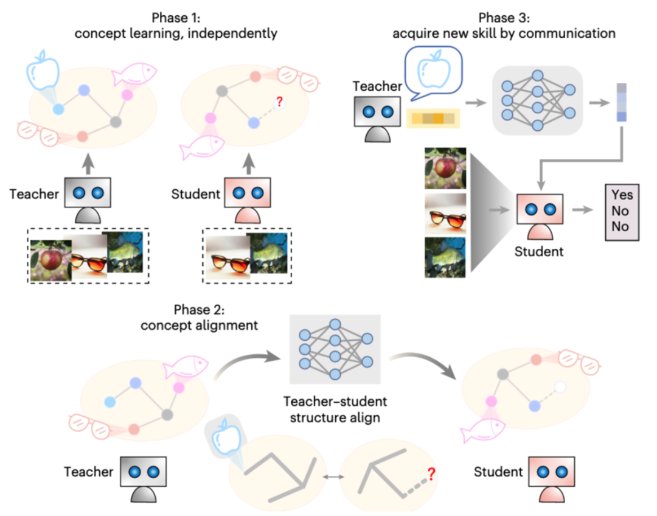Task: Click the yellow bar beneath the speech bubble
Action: pos(433,118)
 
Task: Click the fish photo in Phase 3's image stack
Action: pos(446,256)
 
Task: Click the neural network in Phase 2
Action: pos(335,350)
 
